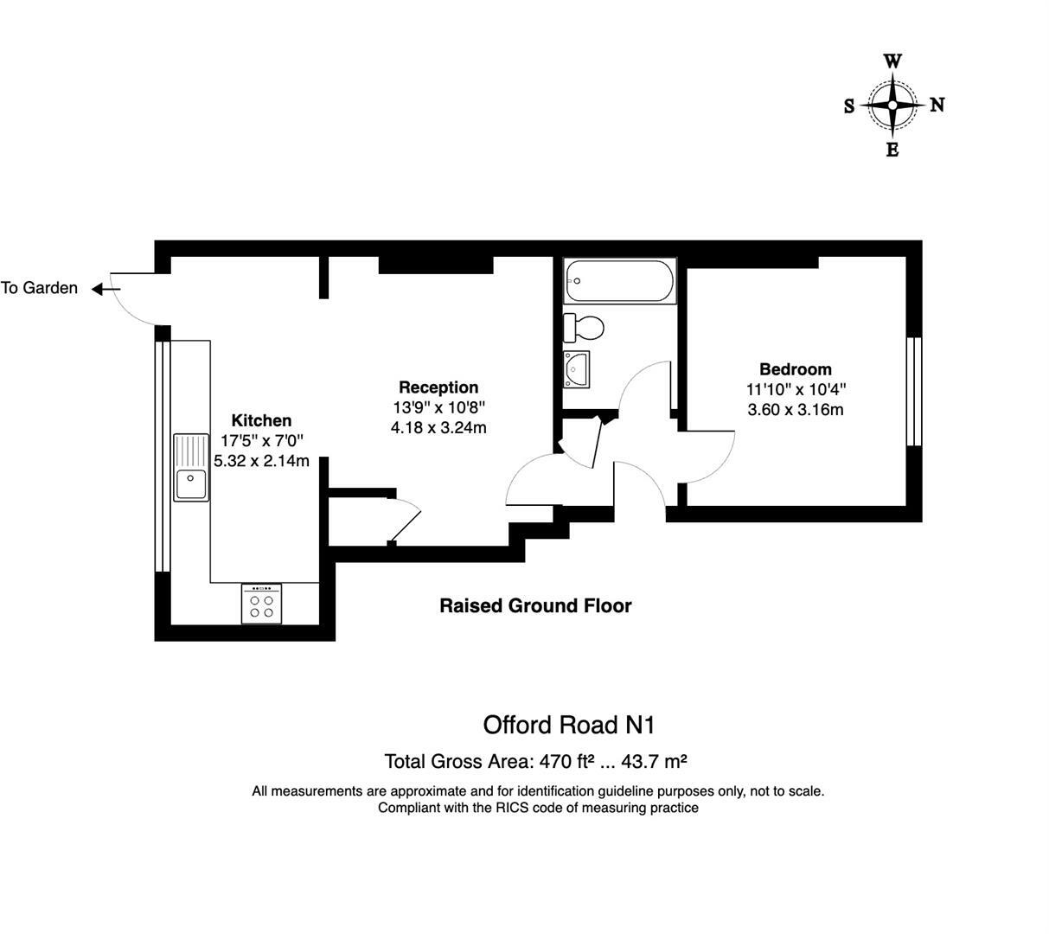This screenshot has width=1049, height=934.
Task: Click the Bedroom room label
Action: [795, 369]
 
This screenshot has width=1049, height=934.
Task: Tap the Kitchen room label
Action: [261, 421]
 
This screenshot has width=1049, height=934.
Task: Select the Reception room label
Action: [438, 387]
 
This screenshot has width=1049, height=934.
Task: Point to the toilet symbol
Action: [584, 328]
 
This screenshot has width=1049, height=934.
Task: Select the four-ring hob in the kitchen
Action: [261, 605]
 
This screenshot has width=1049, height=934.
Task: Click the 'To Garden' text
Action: [40, 289]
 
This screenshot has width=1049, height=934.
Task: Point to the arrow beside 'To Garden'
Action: [106, 289]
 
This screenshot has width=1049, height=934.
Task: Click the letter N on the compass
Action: [937, 106]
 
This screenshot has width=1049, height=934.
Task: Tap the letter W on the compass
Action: [893, 61]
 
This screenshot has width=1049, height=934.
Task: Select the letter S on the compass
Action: [849, 106]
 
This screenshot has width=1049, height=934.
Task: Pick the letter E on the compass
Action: [892, 150]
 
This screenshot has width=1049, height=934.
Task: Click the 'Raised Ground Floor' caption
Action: [535, 605]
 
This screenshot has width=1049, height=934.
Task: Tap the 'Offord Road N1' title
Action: [575, 724]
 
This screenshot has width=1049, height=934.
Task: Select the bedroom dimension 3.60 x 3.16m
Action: [795, 409]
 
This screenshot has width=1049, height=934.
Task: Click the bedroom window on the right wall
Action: [913, 391]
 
